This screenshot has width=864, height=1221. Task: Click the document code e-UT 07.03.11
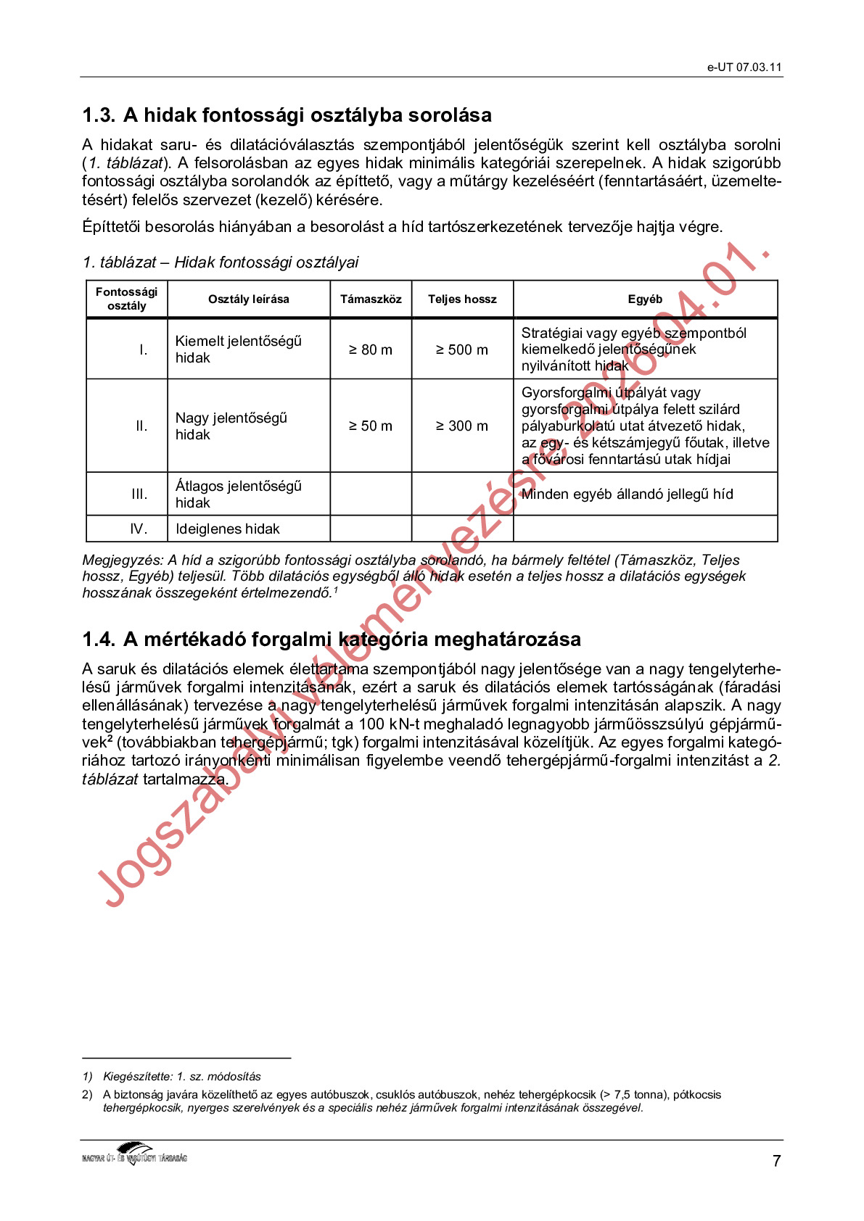[744, 67]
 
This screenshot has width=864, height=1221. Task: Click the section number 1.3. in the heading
[99, 115]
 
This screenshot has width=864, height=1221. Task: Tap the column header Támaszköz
[371, 299]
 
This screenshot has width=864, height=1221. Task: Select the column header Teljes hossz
[462, 299]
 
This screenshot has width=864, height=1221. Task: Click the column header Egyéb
[645, 299]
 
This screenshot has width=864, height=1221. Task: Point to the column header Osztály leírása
[248, 299]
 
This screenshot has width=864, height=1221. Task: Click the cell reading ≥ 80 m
[371, 349]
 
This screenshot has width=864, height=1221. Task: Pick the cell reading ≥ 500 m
[462, 349]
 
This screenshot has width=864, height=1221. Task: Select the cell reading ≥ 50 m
[371, 426]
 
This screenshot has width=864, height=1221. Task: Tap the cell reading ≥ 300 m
[462, 426]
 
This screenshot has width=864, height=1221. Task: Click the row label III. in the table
[139, 494]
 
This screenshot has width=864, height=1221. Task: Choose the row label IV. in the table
[139, 529]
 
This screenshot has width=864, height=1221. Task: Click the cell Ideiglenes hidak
[227, 529]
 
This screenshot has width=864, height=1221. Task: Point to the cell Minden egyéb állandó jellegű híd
[627, 494]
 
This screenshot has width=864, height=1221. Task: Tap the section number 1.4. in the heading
[99, 640]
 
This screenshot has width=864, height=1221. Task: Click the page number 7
[776, 1162]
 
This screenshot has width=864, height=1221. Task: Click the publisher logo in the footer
[135, 1154]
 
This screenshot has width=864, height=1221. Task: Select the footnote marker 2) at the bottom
[87, 1095]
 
